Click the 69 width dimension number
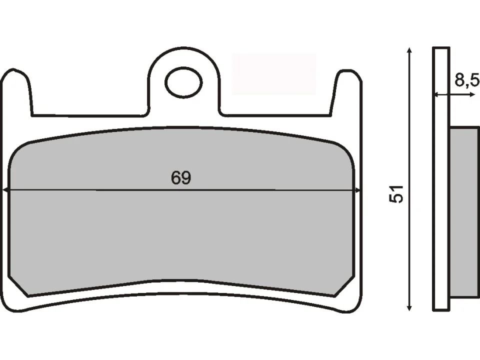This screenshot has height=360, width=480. pyautogui.click(x=181, y=178)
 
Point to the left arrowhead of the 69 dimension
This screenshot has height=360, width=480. pyautogui.click(x=6, y=190)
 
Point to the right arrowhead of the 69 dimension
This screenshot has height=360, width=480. pyautogui.click(x=357, y=190)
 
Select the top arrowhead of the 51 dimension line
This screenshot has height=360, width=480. pyautogui.click(x=409, y=51)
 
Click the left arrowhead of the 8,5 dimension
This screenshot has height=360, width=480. pyautogui.click(x=435, y=94)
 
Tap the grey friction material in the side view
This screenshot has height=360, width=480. pyautogui.click(x=464, y=215)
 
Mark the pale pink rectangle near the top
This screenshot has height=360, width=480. pyautogui.click(x=274, y=73)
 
